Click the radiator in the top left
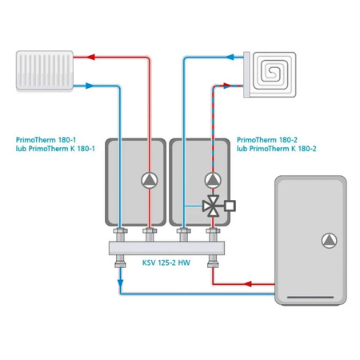(x=45, y=70)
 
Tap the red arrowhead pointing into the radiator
(x=91, y=57)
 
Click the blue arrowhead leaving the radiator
(x=90, y=86)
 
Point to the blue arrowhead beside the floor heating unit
(x=230, y=57)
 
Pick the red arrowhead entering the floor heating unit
(x=227, y=86)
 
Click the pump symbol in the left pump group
(x=150, y=181)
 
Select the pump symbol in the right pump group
(x=213, y=181)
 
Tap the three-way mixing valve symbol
(x=211, y=206)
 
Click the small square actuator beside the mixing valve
(x=230, y=206)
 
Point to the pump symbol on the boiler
(x=330, y=241)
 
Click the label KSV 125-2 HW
(x=166, y=262)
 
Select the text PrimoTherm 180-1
(x=46, y=140)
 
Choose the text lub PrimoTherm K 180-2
(x=277, y=149)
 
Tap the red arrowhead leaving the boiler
(x=248, y=284)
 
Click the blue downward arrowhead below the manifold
(x=121, y=283)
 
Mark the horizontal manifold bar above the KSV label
(x=166, y=248)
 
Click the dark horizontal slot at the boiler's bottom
(x=310, y=297)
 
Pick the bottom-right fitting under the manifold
(x=213, y=261)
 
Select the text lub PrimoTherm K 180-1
(x=55, y=149)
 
